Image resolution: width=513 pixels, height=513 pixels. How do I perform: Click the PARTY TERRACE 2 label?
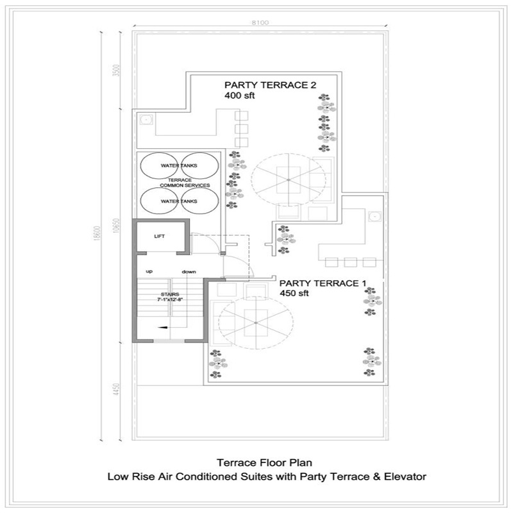pos(270,85)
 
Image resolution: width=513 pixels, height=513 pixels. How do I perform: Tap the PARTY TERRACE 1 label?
pos(323,283)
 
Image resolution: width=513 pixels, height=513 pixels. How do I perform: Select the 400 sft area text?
pos(239,96)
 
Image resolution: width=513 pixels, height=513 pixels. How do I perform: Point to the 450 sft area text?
pos(294,293)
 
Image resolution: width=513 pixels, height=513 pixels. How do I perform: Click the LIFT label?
pos(159,236)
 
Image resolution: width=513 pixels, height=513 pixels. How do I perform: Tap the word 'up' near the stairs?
pos(149,271)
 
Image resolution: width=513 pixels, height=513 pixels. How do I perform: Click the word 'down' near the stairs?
pos(189,272)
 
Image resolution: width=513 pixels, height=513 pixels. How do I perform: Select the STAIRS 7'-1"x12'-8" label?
pos(170,297)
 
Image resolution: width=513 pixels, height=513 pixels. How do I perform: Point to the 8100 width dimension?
pos(260,22)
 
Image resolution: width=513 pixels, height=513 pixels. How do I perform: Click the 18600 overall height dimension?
pos(97,233)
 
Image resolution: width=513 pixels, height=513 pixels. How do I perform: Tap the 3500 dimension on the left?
pos(116,71)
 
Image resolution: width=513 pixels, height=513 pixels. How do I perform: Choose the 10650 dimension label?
pos(116,226)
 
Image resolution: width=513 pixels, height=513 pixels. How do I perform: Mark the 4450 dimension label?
pos(116,389)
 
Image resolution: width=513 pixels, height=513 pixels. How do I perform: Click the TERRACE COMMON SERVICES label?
pos(185,183)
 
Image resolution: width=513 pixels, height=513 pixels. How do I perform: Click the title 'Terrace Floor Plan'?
pos(264,462)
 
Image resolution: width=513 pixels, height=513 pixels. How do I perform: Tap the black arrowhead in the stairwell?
pos(163,327)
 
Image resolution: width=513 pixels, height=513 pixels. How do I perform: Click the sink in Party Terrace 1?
pos(374,216)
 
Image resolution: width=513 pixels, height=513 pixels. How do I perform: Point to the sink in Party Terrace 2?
pos(145,119)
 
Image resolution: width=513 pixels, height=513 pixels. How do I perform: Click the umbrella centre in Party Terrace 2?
pos(288,180)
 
